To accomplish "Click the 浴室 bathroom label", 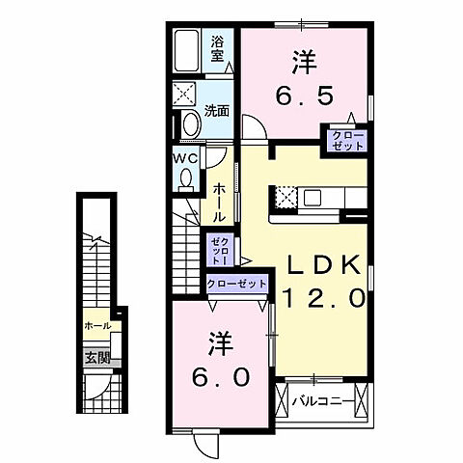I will click(218, 48).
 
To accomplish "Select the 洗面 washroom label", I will click(217, 110).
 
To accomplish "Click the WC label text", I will click(185, 157).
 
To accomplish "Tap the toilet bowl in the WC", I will click(186, 178).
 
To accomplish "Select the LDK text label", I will click(323, 264).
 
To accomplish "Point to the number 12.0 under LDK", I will click(323, 299).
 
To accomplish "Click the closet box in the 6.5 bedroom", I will click(347, 140).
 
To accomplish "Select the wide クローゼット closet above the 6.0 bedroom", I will click(236, 285).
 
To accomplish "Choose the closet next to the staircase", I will click(216, 249).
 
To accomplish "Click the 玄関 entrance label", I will click(96, 358).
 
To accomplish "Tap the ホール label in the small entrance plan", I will click(96, 326).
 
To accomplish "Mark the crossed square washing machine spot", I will click(185, 95).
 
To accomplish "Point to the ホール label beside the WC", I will click(221, 203).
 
